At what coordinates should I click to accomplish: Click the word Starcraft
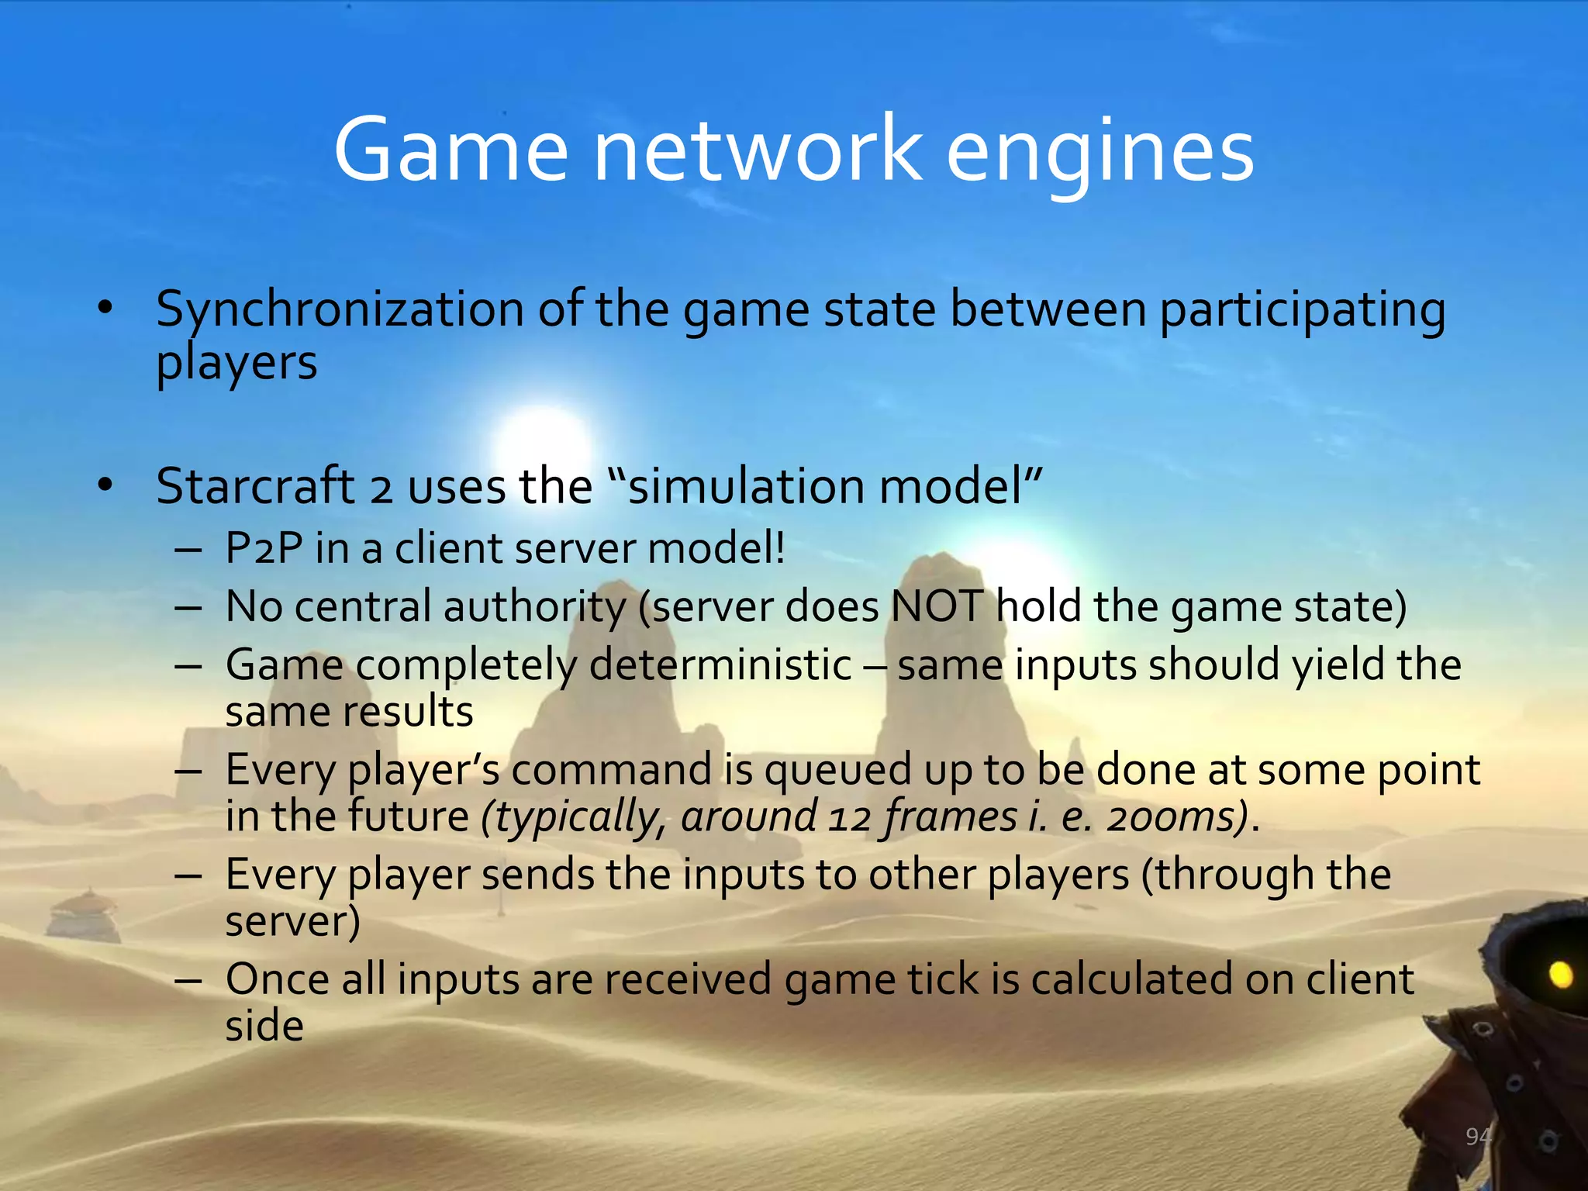(255, 486)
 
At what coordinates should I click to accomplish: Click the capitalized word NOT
(937, 606)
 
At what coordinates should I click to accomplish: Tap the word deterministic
(720, 665)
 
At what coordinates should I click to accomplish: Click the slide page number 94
(1478, 1137)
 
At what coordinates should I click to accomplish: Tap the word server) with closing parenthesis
(292, 921)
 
